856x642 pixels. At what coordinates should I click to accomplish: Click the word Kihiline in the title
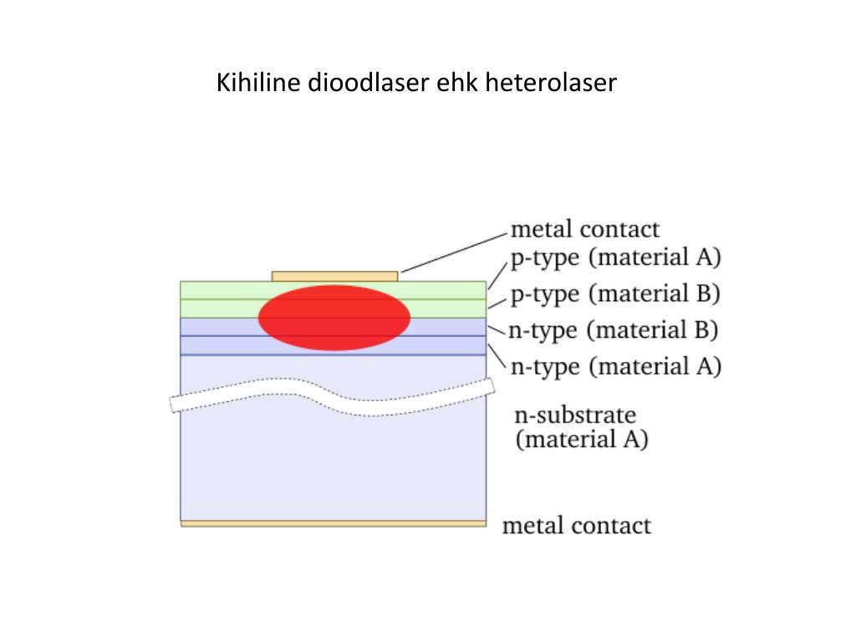click(x=259, y=84)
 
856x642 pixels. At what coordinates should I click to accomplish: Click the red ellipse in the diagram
click(x=334, y=318)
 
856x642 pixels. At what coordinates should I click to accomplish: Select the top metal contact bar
click(x=334, y=277)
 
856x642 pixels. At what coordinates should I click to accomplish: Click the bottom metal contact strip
click(x=334, y=524)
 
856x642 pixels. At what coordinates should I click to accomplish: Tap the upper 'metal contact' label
click(x=584, y=229)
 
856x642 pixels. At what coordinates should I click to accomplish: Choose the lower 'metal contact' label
click(x=576, y=526)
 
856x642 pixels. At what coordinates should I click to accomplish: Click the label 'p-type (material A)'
click(x=615, y=257)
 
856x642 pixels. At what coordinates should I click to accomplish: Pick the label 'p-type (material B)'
click(x=615, y=294)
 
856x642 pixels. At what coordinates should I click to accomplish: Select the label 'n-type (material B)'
click(x=614, y=330)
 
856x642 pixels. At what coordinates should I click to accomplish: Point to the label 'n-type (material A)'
click(x=615, y=366)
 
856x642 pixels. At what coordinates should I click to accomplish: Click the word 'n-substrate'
click(x=576, y=415)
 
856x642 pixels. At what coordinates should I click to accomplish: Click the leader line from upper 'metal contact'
click(x=453, y=250)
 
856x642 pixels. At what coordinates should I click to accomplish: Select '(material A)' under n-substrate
click(x=582, y=439)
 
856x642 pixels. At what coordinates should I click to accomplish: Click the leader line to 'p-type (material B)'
click(x=497, y=303)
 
